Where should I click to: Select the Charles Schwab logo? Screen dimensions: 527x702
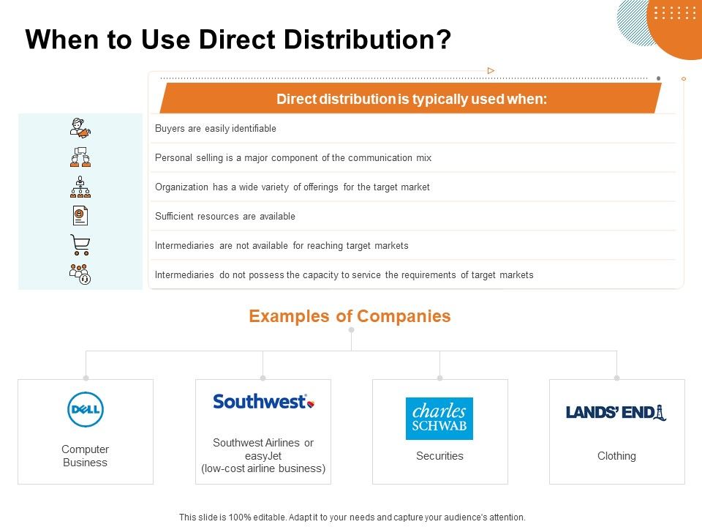point(439,418)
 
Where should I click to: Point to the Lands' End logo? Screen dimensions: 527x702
point(616,412)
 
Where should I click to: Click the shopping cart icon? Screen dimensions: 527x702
point(80,244)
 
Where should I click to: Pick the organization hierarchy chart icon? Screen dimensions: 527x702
point(80,187)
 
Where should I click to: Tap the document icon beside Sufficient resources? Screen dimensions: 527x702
point(80,216)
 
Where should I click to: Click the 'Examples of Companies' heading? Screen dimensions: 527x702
point(350,316)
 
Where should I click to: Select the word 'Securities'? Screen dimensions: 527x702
point(439,456)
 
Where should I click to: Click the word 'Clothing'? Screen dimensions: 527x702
point(616,456)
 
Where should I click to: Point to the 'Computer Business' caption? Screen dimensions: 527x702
point(86,456)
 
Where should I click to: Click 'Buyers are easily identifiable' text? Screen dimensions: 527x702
point(216,129)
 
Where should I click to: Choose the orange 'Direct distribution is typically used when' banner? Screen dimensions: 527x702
point(411,99)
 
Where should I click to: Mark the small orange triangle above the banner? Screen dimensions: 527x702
point(491,71)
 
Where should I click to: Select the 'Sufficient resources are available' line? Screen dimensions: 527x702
point(225,217)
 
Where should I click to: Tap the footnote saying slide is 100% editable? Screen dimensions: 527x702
point(352,517)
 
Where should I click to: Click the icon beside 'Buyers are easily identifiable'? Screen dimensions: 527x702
point(80,129)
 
